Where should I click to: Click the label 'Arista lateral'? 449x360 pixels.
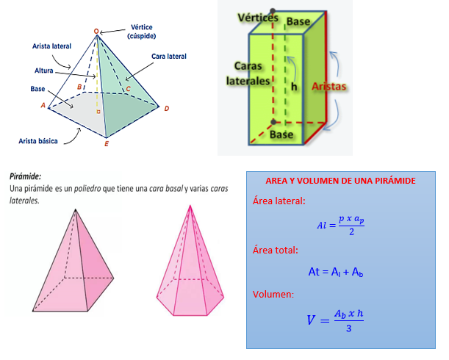click(x=51, y=46)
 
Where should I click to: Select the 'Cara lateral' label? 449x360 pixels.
click(x=169, y=56)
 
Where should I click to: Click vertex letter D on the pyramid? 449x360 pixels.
click(x=167, y=109)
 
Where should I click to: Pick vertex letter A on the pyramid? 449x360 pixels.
click(x=43, y=105)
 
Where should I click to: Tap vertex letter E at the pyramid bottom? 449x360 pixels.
click(x=107, y=143)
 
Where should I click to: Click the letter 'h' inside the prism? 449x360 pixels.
click(x=294, y=85)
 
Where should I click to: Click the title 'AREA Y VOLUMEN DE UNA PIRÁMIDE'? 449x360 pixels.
click(x=340, y=181)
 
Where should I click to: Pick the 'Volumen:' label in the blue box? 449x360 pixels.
click(x=273, y=295)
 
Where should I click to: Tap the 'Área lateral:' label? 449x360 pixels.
click(x=279, y=201)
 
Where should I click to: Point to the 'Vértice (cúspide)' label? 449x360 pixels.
click(x=141, y=31)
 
